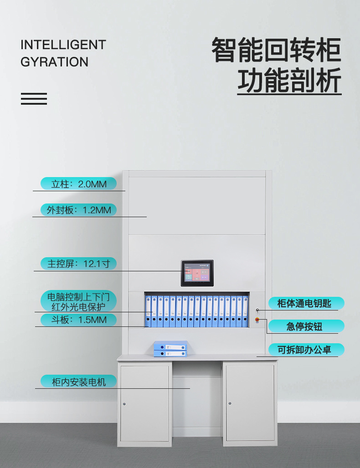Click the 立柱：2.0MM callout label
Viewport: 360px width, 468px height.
78,184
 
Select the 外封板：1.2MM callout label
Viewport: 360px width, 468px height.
78,210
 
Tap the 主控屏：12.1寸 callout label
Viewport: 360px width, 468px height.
78,264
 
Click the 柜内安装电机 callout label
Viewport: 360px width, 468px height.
78,382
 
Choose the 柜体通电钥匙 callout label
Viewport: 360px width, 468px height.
304,303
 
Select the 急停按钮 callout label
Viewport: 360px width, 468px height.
304,326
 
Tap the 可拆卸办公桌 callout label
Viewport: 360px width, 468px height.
304,350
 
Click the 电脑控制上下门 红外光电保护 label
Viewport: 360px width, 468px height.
78,301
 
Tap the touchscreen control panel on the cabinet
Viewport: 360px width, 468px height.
197,273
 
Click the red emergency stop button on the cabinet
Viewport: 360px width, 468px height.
257,320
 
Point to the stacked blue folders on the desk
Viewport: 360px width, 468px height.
170,349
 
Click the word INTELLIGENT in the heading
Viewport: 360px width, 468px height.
63,45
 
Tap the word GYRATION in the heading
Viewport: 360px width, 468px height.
54,62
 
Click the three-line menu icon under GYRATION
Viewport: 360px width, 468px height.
34,99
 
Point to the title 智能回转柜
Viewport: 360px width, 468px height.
276,50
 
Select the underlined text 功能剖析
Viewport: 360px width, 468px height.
289,81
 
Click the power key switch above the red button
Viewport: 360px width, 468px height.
257,310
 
